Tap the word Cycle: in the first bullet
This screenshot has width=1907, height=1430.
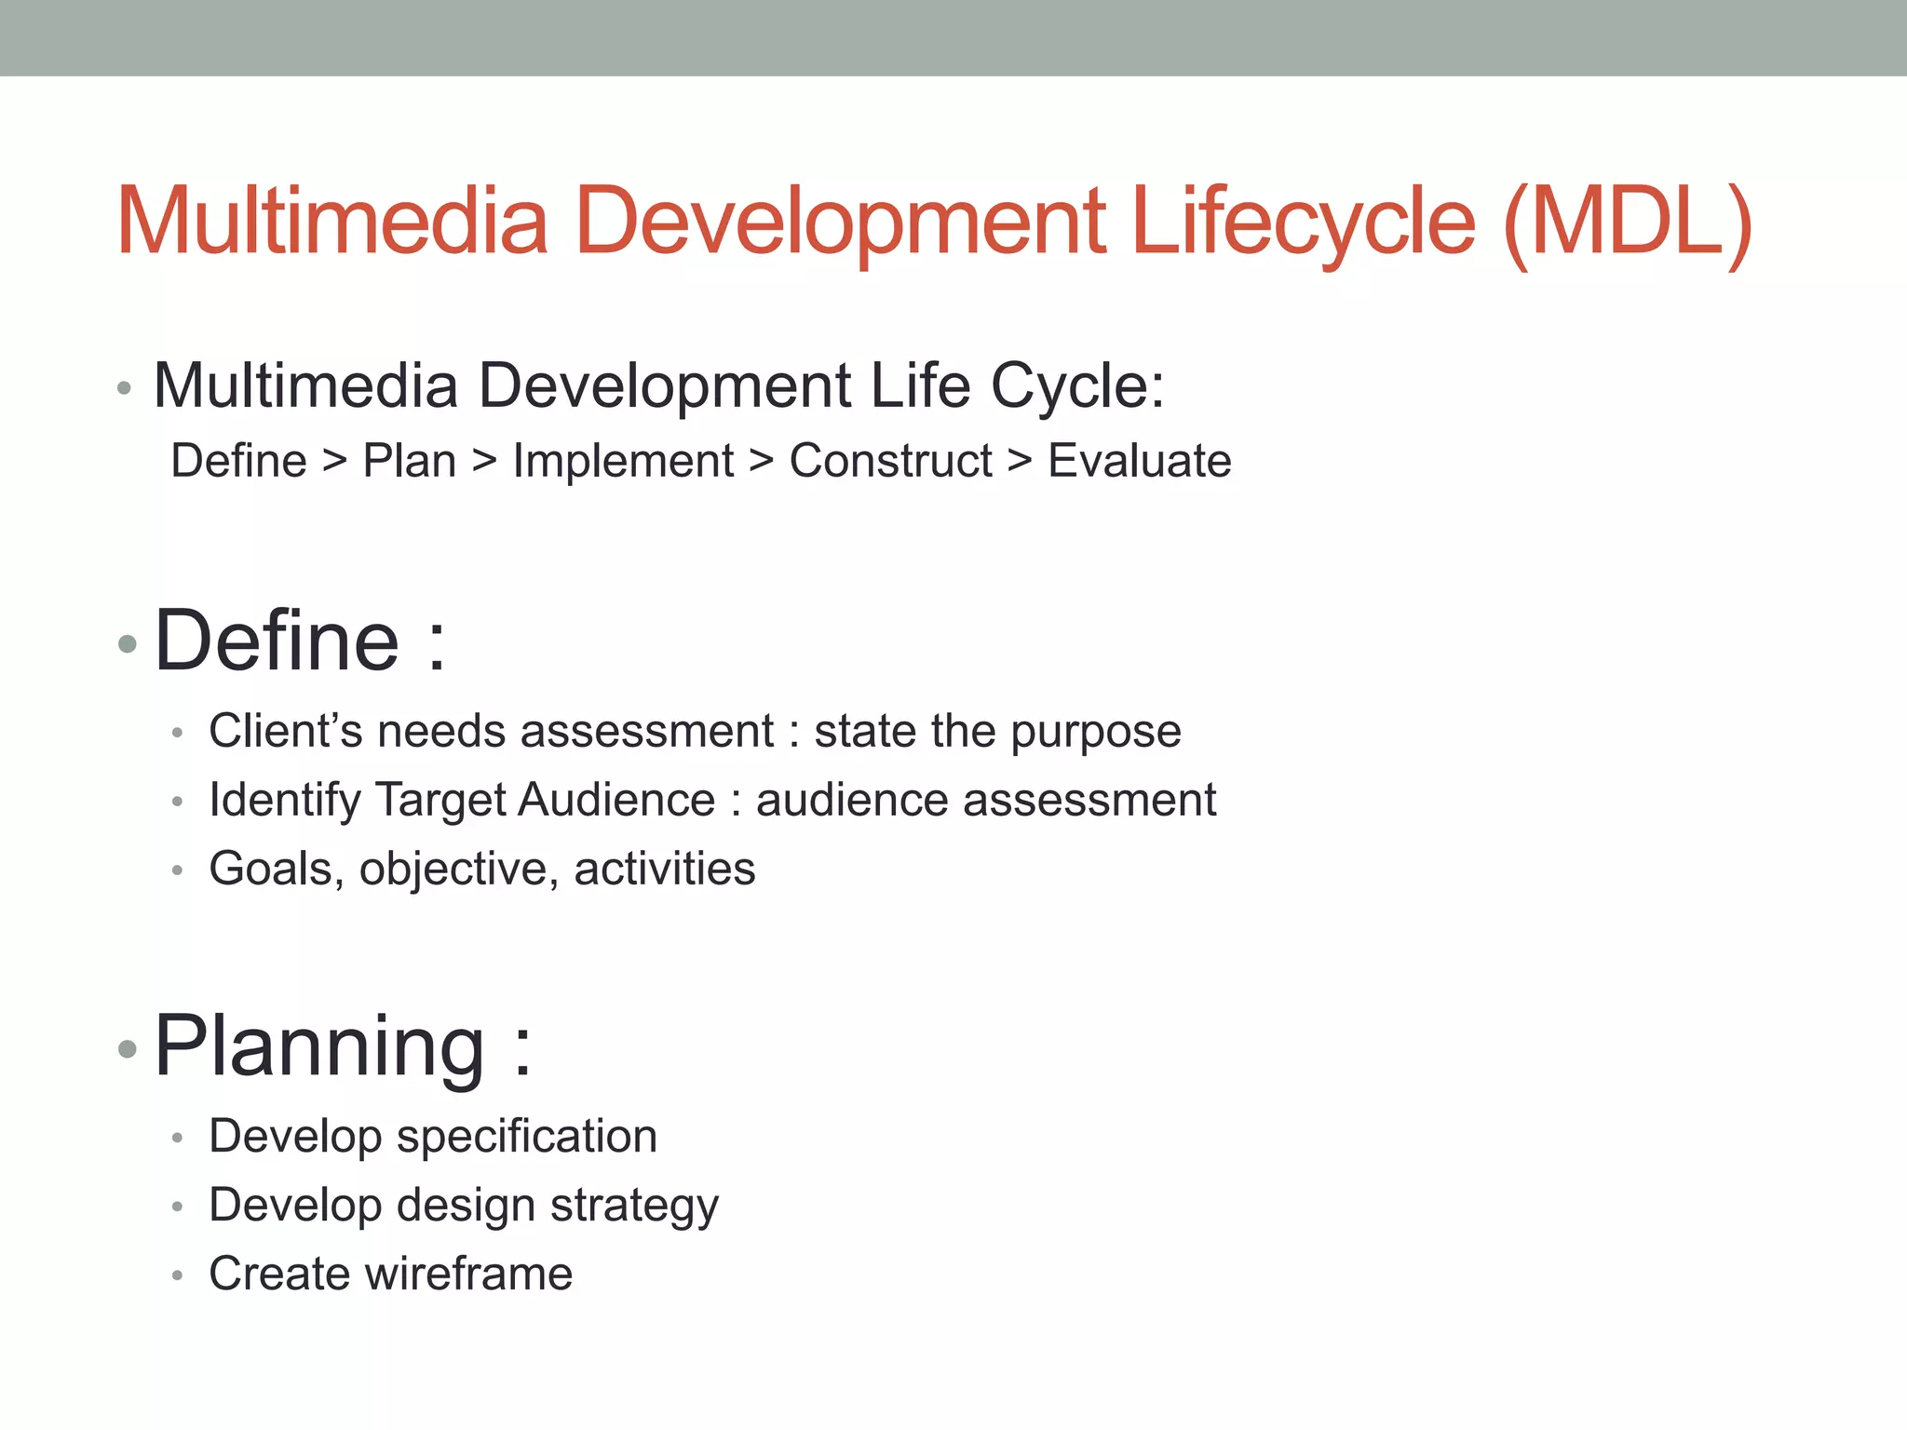coord(1076,386)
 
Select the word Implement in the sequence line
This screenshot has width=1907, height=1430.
coord(622,462)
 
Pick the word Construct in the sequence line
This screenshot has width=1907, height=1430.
coord(890,462)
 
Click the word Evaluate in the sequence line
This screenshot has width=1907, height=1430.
coord(1139,462)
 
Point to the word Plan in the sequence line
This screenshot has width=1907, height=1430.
coord(409,462)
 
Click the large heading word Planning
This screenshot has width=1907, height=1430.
coord(318,1046)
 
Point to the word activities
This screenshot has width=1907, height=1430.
coord(664,870)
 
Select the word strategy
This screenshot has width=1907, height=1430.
coord(634,1207)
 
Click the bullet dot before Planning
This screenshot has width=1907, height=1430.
coord(128,1050)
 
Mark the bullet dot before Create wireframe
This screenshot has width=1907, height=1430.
coord(177,1275)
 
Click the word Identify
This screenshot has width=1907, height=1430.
coord(285,801)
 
